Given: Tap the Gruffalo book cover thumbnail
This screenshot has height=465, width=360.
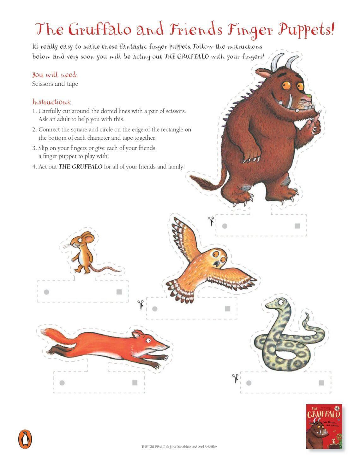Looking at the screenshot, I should [324, 426].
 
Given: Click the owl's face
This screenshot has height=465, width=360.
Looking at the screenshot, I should [218, 257].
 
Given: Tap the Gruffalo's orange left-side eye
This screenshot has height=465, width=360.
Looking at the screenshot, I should [286, 85].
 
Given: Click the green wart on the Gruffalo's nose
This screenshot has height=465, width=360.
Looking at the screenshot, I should [309, 95].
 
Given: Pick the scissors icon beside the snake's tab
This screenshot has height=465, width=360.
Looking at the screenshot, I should [235, 378].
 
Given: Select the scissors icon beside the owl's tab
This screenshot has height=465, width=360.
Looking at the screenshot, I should [141, 304].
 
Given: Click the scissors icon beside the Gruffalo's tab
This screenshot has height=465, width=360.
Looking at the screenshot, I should [211, 220].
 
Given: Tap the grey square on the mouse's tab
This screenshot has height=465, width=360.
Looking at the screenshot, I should [119, 292].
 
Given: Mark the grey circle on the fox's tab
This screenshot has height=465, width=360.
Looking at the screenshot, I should [62, 383].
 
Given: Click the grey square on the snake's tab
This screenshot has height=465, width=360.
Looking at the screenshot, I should [321, 383].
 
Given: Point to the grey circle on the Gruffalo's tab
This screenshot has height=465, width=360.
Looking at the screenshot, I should [225, 226].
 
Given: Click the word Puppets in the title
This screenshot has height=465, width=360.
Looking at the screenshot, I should [305, 30].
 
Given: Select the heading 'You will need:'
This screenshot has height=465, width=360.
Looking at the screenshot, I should [55, 75].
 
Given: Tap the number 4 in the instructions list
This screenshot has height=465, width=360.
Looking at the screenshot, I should [34, 167].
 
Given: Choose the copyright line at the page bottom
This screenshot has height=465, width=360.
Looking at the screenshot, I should [179, 447].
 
